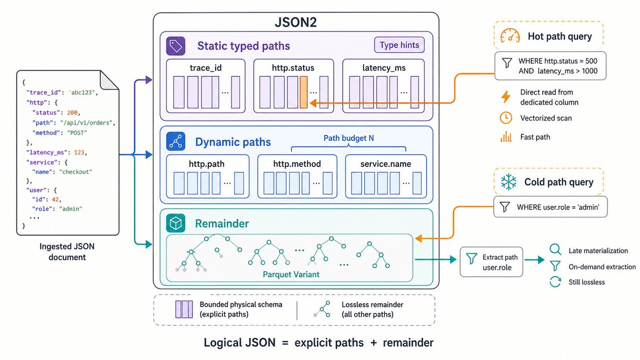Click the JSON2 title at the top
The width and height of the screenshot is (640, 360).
click(x=295, y=22)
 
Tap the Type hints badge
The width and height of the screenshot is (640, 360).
click(x=399, y=45)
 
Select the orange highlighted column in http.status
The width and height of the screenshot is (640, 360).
click(x=303, y=92)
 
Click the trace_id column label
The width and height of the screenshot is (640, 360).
click(x=205, y=68)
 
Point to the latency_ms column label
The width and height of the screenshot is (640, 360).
click(x=383, y=68)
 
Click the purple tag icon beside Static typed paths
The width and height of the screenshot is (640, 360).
click(x=175, y=46)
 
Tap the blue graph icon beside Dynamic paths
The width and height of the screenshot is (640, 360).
click(x=175, y=141)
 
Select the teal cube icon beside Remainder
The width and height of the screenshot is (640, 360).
click(x=175, y=223)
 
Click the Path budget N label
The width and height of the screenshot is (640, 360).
click(x=349, y=138)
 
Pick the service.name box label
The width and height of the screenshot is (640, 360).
click(x=386, y=164)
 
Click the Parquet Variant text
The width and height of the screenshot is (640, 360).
click(x=291, y=275)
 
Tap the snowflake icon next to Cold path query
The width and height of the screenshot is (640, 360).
click(x=509, y=182)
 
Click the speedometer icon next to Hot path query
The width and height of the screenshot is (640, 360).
click(x=510, y=36)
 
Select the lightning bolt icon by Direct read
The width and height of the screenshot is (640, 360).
click(x=506, y=97)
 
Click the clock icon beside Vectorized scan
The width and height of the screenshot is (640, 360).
click(x=506, y=118)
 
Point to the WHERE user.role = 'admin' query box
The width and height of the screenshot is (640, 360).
click(x=550, y=207)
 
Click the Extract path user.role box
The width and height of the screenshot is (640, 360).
click(x=491, y=262)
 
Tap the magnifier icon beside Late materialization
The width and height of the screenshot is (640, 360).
click(x=555, y=250)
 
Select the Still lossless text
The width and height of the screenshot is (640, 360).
click(x=587, y=282)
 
